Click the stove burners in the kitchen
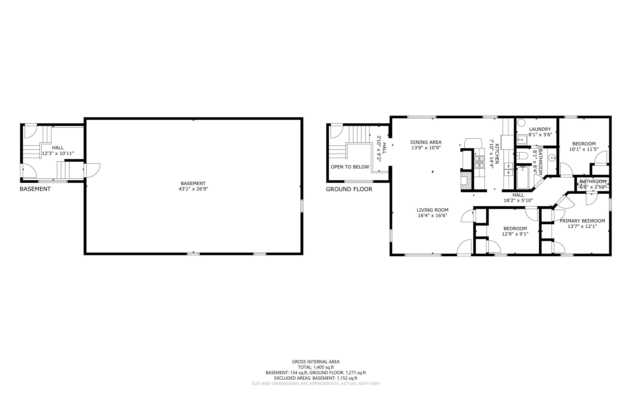point(479,161)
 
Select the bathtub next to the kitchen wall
point(523,178)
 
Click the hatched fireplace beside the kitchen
point(467,180)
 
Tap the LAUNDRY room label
point(540,129)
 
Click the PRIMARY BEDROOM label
point(582,221)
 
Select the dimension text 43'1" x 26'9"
point(193,189)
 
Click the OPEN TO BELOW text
point(350,167)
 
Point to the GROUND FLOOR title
point(349,189)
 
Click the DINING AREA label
point(426,142)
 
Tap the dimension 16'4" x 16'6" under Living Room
point(432,216)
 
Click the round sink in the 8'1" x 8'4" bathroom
point(552,158)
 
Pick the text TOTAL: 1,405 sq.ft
point(316,367)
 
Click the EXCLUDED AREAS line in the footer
point(316,378)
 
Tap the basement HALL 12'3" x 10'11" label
point(58,151)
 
